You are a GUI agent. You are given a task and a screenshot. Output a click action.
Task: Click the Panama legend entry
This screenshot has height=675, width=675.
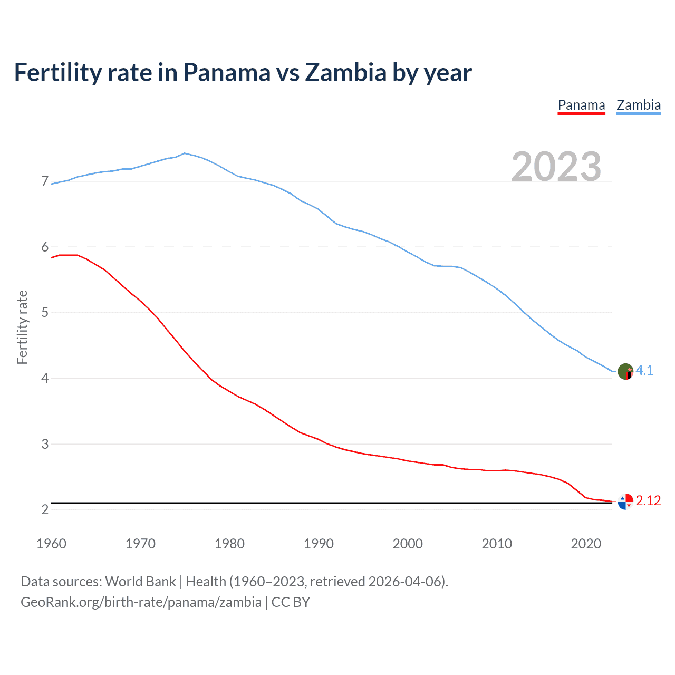581,105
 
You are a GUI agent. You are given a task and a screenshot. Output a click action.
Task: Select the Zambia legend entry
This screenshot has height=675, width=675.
639,105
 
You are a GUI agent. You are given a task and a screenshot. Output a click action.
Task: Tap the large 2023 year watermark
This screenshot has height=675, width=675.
556,167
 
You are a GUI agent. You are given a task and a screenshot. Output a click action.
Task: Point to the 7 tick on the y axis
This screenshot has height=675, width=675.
45,181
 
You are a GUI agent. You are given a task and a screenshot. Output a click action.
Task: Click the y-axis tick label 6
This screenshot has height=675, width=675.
45,247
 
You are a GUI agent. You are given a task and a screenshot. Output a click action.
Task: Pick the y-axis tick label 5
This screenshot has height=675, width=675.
45,313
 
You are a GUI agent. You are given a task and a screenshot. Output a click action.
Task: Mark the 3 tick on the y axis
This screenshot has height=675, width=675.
45,444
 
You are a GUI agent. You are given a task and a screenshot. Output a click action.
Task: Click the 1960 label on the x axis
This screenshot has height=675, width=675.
51,544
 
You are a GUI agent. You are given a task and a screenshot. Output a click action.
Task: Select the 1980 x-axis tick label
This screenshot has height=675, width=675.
229,544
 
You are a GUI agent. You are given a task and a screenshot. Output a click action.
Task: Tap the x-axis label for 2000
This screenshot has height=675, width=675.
408,544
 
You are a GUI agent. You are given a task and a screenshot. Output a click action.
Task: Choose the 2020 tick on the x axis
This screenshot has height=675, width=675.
586,544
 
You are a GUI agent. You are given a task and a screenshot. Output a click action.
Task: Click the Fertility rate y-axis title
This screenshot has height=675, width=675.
22,327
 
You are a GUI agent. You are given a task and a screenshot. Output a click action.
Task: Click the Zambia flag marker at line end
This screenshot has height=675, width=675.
625,371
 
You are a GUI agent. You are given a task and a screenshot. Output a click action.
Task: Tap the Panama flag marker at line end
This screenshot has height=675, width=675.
625,502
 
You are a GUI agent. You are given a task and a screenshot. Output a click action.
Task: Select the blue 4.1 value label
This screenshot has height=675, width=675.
644,371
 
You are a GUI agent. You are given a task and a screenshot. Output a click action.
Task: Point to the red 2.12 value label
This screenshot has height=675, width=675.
648,500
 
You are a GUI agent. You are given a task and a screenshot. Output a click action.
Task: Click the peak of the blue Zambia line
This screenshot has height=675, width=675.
184,153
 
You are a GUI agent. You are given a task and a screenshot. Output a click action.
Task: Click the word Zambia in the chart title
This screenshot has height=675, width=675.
346,72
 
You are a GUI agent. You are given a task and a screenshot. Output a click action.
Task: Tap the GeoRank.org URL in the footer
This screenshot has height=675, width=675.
141,602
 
